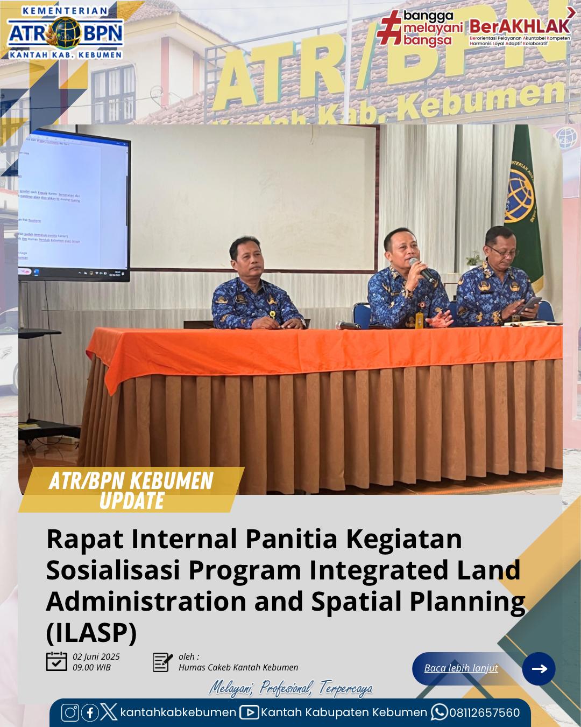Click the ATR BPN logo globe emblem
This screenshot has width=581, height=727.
(65, 33)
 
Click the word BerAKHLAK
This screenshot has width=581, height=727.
(520, 26)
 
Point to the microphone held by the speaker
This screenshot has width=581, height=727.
(421, 269)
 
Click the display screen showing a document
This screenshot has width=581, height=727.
(74, 205)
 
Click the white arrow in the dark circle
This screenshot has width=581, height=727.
(539, 668)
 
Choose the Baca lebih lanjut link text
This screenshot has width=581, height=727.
(461, 668)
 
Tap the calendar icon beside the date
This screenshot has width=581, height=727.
(56, 662)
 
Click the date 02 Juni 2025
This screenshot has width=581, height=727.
(96, 657)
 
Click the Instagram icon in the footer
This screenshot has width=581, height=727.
(70, 712)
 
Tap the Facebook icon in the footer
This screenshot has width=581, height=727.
(89, 712)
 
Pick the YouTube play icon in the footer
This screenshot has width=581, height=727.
(249, 712)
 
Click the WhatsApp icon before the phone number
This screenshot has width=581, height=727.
(439, 712)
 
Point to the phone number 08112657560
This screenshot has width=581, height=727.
(485, 712)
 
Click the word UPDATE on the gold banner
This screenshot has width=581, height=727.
(132, 501)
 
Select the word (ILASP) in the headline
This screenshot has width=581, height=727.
(91, 632)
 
